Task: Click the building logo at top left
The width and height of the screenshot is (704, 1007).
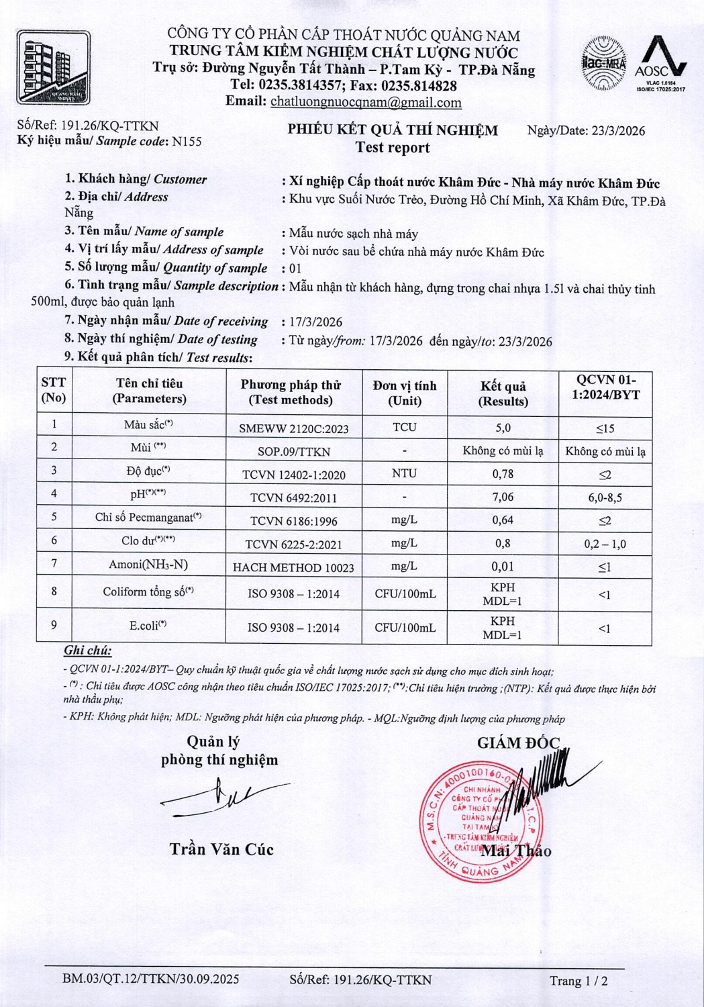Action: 53,67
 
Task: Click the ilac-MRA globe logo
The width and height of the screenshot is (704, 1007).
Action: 603,63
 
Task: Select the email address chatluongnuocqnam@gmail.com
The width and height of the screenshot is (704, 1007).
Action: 366,103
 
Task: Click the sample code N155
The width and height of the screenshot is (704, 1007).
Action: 187,142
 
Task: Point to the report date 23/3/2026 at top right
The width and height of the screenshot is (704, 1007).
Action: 617,131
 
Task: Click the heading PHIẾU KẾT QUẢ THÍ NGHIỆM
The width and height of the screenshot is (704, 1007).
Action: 393,130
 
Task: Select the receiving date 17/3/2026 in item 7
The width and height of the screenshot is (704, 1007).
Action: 316,322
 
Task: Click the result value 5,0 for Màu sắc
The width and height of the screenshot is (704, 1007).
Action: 503,428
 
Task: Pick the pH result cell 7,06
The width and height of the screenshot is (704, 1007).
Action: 503,497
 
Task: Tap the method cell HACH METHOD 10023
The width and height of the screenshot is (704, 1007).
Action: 293,567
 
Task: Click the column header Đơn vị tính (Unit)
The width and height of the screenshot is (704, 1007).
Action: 405,393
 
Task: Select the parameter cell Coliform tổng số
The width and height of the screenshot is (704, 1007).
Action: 148,592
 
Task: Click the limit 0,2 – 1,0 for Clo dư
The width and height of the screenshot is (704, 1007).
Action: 605,544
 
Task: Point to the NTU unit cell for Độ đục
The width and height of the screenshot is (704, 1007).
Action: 404,473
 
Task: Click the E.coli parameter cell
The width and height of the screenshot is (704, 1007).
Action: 148,626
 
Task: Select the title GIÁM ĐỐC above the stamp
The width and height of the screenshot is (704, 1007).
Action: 518,742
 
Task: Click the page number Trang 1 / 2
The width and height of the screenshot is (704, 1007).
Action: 579,981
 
